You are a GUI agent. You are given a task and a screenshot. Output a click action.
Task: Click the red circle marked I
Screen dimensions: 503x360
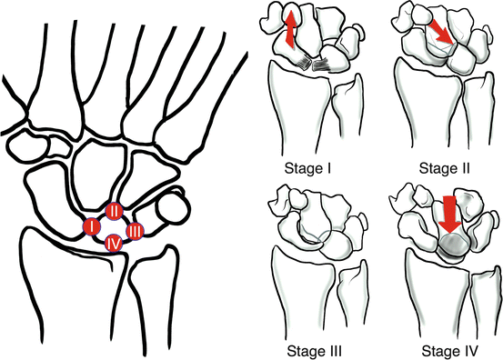(91, 226)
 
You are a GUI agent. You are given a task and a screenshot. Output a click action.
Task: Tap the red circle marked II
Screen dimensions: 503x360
(115, 211)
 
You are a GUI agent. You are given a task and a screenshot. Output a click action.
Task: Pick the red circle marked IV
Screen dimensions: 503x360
(114, 243)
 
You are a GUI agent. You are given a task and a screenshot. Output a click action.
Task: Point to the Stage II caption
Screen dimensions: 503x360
(437, 169)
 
